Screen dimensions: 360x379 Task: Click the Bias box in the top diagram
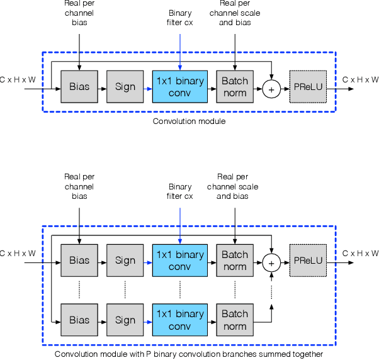[79, 87]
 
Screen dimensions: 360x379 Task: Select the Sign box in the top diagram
[125, 87]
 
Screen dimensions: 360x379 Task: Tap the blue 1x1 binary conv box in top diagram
[180, 87]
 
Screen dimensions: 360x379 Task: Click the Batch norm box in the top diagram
[235, 87]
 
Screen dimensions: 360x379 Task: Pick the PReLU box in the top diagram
[308, 87]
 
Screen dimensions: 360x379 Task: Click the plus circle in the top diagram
[271, 89]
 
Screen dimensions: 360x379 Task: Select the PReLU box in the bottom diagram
[308, 261]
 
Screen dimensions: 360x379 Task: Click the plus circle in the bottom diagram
[271, 262]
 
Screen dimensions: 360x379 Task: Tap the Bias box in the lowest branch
[79, 320]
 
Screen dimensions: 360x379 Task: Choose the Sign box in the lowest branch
[125, 320]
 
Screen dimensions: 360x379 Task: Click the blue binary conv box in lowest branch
[180, 320]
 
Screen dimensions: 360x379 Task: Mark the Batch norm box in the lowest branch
[235, 320]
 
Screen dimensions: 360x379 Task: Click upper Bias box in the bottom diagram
[79, 261]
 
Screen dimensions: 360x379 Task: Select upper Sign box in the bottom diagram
[125, 261]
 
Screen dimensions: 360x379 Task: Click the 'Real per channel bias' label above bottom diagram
[79, 186]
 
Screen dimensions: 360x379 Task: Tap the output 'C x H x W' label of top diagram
[360, 80]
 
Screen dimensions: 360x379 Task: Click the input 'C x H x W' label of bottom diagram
[18, 254]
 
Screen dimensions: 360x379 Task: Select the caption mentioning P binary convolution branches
[189, 354]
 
